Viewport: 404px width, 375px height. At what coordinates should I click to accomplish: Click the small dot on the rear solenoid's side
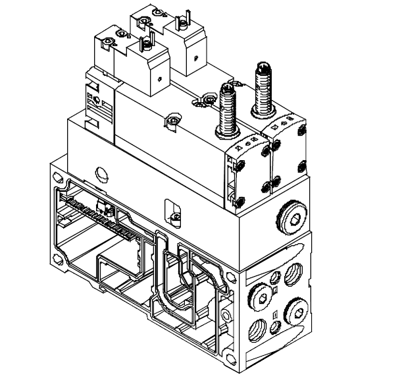tap(195, 58)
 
